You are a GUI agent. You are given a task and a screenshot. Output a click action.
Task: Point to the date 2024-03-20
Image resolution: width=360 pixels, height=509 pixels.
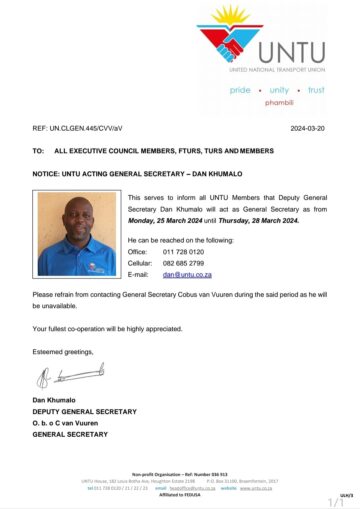pyautogui.click(x=307, y=129)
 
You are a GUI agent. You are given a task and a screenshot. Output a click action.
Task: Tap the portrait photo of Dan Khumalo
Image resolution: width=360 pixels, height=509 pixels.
pyautogui.click(x=77, y=234)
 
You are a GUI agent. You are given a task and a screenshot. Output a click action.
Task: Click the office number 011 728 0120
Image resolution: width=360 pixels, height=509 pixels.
pyautogui.click(x=206, y=252)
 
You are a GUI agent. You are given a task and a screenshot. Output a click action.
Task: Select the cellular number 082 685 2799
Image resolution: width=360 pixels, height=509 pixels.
pyautogui.click(x=206, y=263)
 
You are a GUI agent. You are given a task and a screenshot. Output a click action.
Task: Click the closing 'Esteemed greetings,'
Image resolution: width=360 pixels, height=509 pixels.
pyautogui.click(x=62, y=352)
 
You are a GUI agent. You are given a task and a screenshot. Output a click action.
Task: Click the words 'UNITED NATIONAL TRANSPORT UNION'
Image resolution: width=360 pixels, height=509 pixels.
pyautogui.click(x=275, y=72)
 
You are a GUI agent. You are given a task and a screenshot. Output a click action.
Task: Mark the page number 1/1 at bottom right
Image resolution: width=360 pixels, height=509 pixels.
pyautogui.click(x=335, y=501)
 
